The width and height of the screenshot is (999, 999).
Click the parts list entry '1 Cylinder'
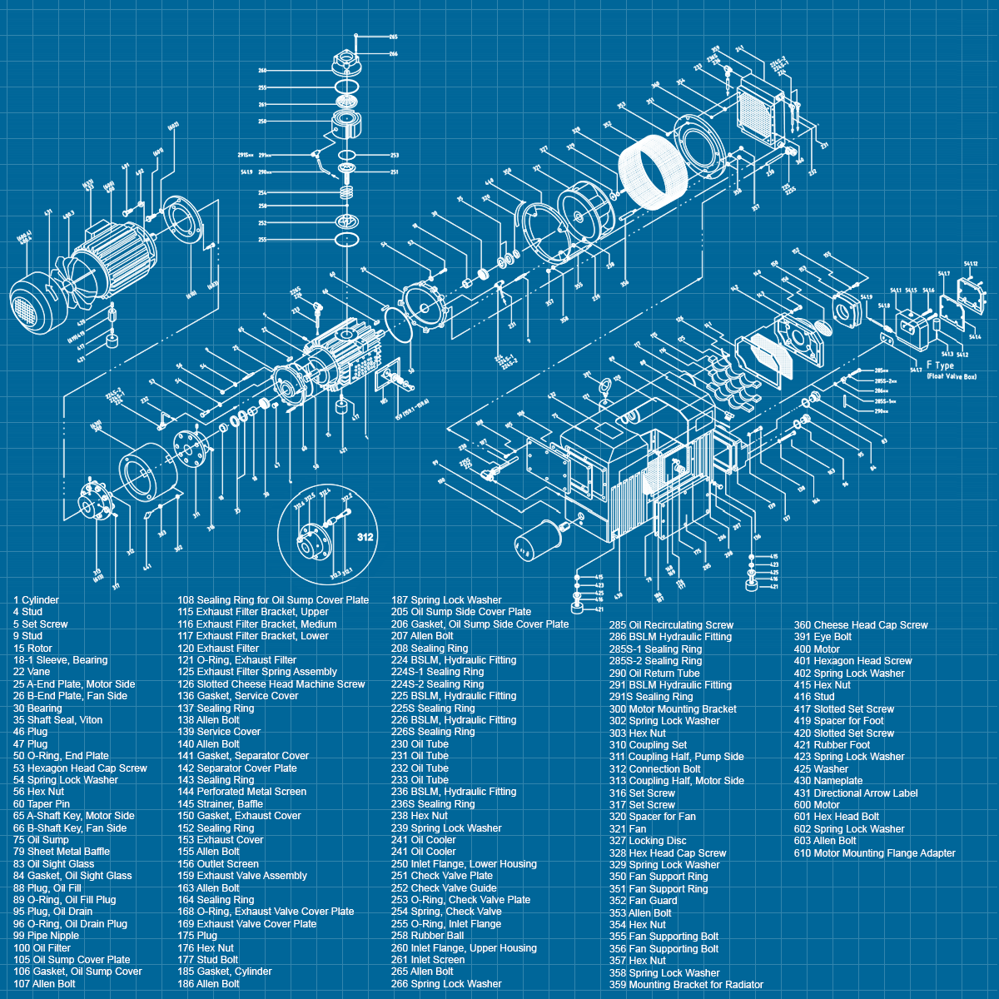click(36, 600)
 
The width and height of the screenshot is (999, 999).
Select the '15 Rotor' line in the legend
click(32, 649)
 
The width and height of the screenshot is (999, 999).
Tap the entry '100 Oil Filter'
click(42, 948)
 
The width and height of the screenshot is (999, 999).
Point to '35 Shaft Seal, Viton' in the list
click(57, 720)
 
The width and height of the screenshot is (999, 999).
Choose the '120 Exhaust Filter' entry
click(218, 649)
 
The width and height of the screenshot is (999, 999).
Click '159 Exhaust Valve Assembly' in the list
click(241, 876)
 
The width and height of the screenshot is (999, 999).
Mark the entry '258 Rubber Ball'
click(427, 936)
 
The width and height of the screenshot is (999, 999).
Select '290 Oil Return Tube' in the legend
click(654, 673)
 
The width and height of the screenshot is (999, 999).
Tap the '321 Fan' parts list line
click(628, 829)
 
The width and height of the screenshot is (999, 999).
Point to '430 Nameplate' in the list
click(828, 781)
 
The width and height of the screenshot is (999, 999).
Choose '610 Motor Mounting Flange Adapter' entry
click(874, 853)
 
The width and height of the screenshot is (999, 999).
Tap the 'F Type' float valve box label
click(940, 365)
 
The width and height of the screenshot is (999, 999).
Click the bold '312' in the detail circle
click(365, 537)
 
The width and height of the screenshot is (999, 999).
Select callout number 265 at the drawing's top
click(393, 37)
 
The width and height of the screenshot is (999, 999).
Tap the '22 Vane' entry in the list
click(32, 672)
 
